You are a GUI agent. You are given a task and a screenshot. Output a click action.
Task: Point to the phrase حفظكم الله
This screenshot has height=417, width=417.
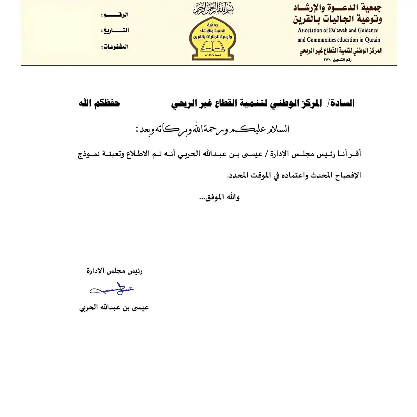coord(99,103)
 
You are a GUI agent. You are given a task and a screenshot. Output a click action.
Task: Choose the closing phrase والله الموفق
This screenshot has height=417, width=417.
coord(220,197)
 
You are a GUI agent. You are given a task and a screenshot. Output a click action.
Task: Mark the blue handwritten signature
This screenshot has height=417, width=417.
coord(112,290)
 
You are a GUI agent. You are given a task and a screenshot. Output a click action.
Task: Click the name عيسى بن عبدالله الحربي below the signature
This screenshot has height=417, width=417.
coord(114,308)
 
